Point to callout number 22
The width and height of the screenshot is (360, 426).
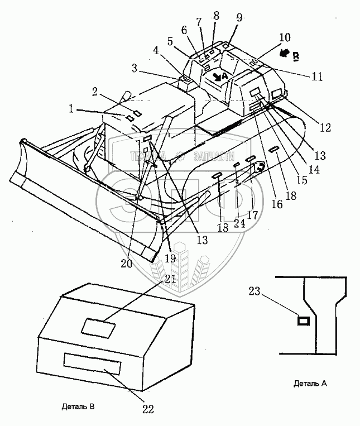[x=147, y=408]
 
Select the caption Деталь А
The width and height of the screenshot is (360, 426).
[x=309, y=384]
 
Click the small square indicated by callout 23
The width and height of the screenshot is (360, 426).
[x=303, y=320]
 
